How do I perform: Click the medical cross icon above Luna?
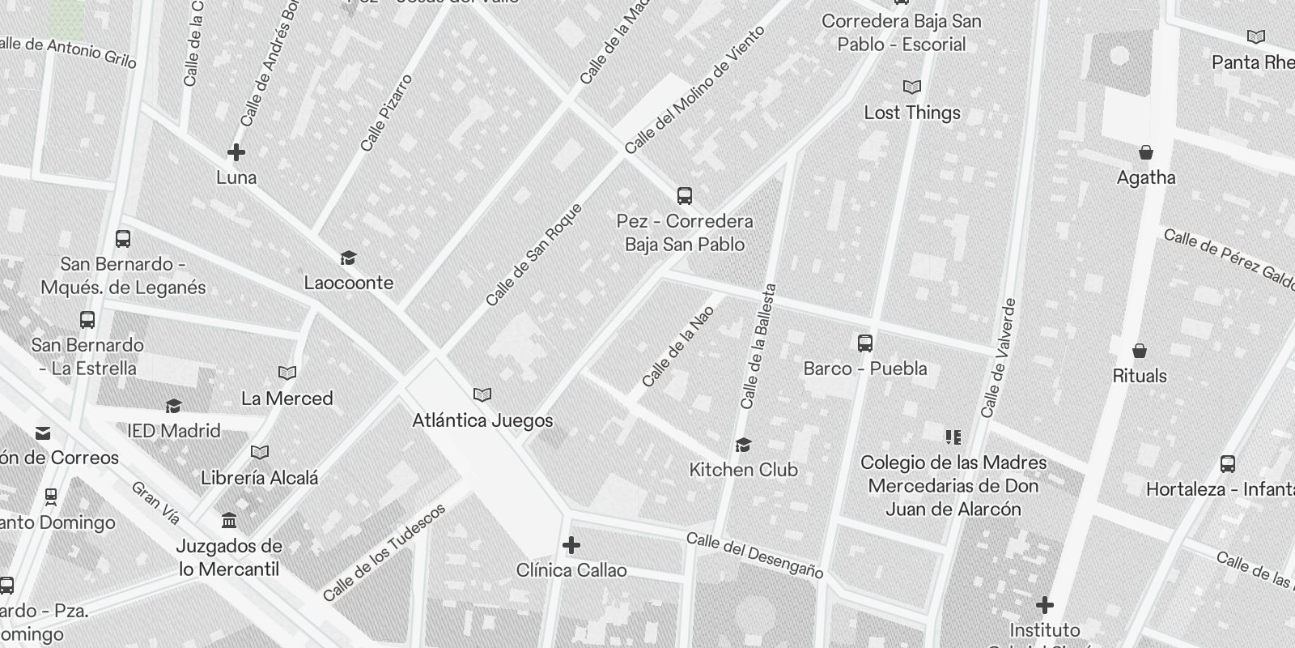point(236,152)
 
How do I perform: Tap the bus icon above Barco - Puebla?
point(865,343)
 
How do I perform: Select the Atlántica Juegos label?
point(482,420)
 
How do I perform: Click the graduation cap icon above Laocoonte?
point(348,258)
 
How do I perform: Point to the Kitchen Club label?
point(743,470)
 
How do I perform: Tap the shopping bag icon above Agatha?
point(1146,152)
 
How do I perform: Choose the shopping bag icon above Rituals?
point(1140,351)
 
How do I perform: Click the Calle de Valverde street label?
point(999,358)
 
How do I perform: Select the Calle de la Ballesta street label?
point(758,346)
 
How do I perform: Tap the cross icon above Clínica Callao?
point(571,545)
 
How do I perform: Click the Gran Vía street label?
point(155,502)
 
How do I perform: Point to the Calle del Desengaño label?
point(754,556)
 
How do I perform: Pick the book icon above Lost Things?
point(912,87)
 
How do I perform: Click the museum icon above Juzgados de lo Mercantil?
point(229,520)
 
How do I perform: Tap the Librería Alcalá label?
point(260,478)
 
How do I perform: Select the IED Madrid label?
point(174,430)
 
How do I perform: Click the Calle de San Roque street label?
point(533,254)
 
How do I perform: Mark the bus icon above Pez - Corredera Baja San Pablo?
point(685,196)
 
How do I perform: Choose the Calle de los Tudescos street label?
point(384,552)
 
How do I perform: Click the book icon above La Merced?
point(287,373)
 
